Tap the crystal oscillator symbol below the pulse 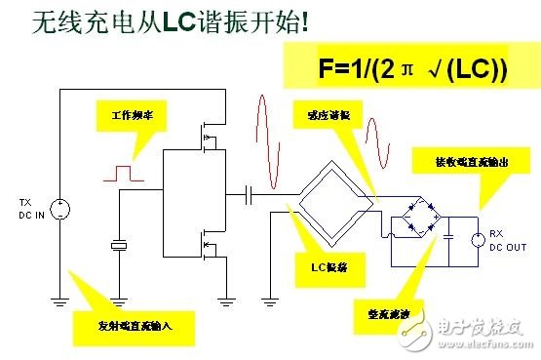tap(118, 246)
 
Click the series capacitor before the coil tap(251, 194)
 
